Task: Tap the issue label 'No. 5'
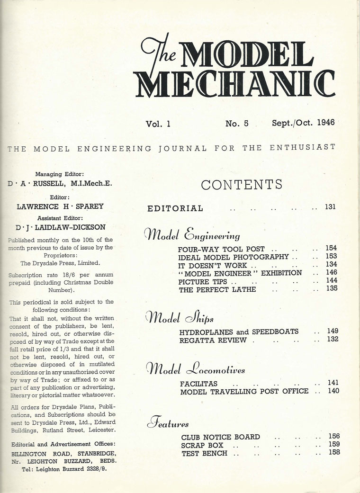point(237,124)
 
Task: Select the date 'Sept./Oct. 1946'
point(303,123)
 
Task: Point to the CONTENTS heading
point(242,185)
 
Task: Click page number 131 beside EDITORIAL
point(330,207)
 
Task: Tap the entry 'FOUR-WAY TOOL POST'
point(221,249)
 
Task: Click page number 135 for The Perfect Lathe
point(332,288)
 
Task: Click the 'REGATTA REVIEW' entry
point(213,340)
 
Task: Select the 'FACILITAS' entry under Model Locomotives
point(198,383)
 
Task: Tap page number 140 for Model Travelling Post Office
point(333,391)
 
